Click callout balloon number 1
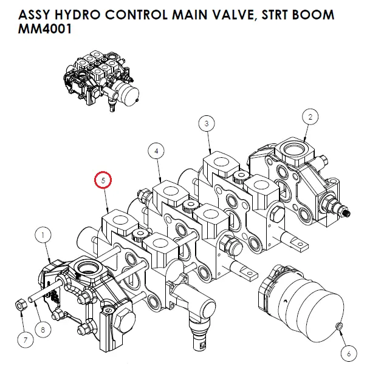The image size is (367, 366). tap(44, 232)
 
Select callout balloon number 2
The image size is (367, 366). tap(310, 116)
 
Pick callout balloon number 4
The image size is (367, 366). tap(156, 151)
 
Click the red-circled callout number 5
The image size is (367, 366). tap(104, 180)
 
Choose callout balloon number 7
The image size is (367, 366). tap(24, 340)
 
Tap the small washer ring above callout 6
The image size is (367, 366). tap(339, 328)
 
